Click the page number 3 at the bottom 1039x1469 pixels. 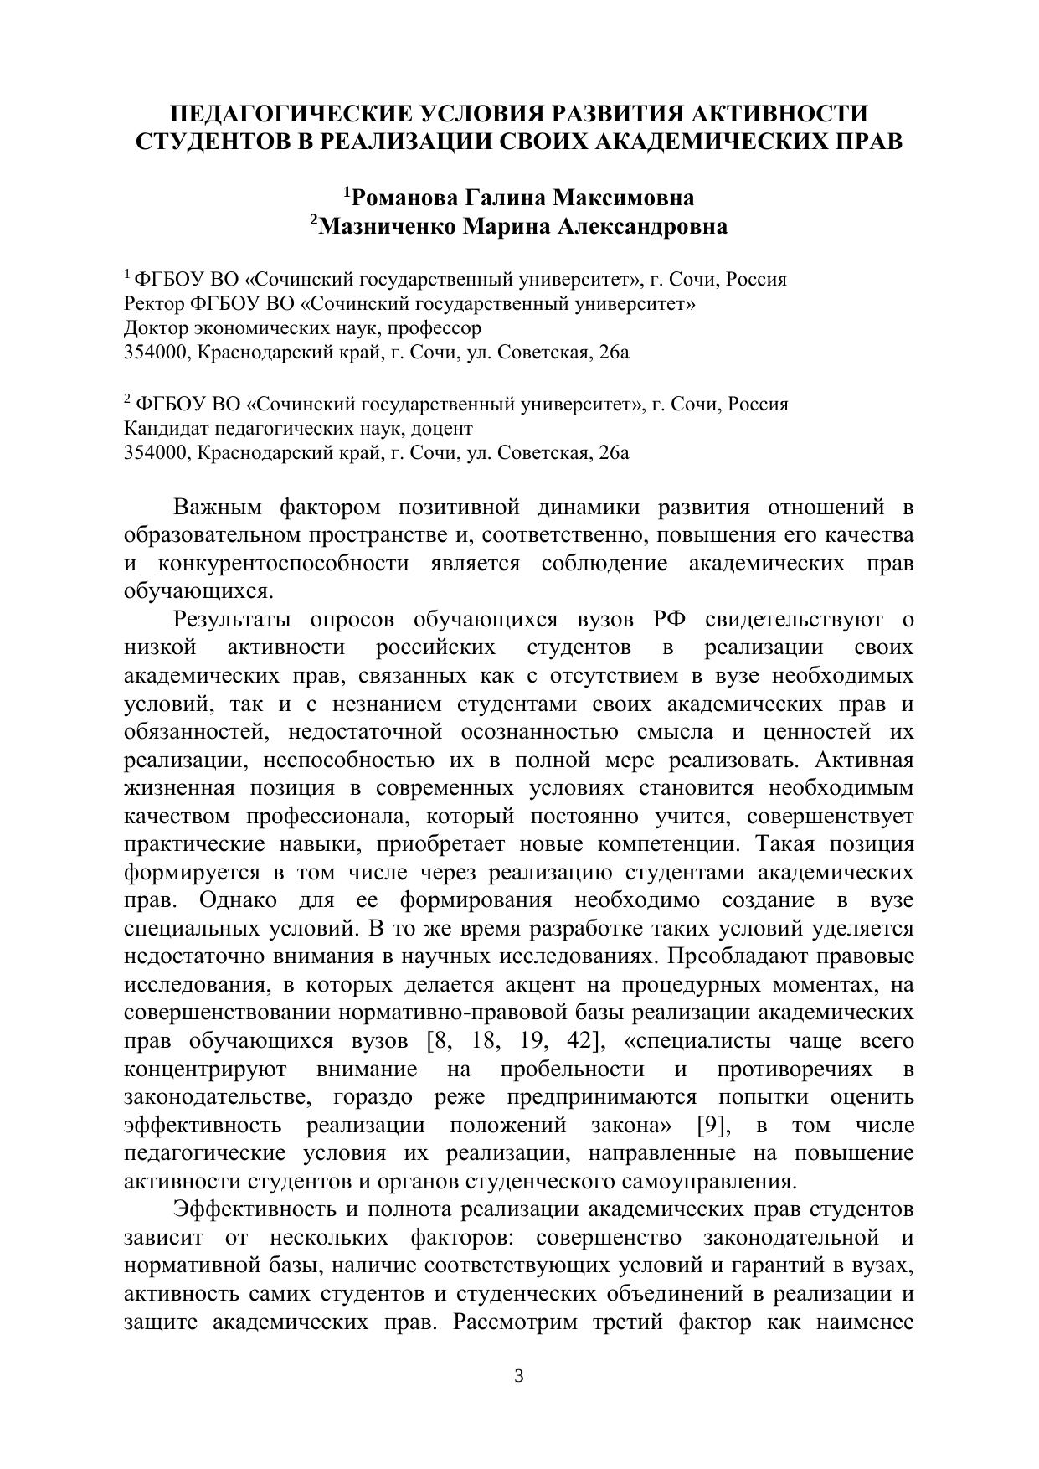518,1376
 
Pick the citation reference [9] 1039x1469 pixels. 711,1126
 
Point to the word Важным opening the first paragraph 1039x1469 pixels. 217,508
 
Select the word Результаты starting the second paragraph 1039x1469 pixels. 232,620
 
